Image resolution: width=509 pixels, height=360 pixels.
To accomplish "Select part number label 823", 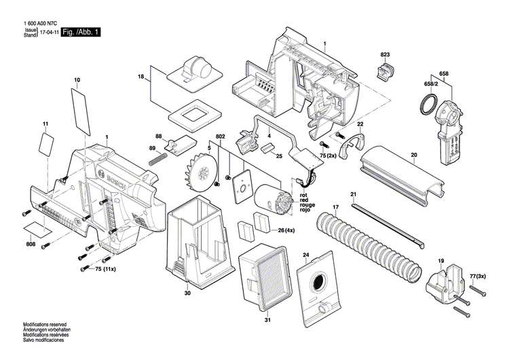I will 385,54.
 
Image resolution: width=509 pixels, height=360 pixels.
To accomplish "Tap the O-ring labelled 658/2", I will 428,105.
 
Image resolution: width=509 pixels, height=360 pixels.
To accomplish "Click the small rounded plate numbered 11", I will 47,143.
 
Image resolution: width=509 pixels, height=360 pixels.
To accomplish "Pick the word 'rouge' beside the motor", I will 307,205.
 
